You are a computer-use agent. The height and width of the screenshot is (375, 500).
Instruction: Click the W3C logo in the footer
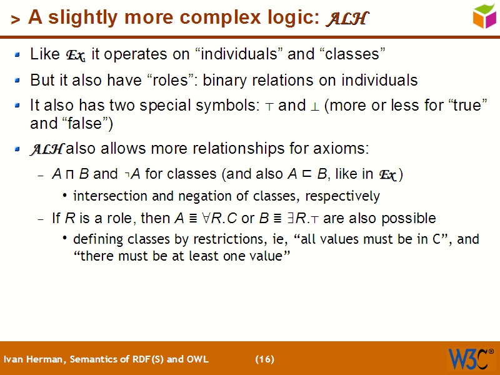[469, 359]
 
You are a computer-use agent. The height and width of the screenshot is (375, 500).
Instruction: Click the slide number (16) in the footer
[264, 359]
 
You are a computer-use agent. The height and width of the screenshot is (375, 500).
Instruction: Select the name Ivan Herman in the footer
[32, 359]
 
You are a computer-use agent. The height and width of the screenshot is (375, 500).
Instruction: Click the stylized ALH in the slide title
[346, 19]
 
